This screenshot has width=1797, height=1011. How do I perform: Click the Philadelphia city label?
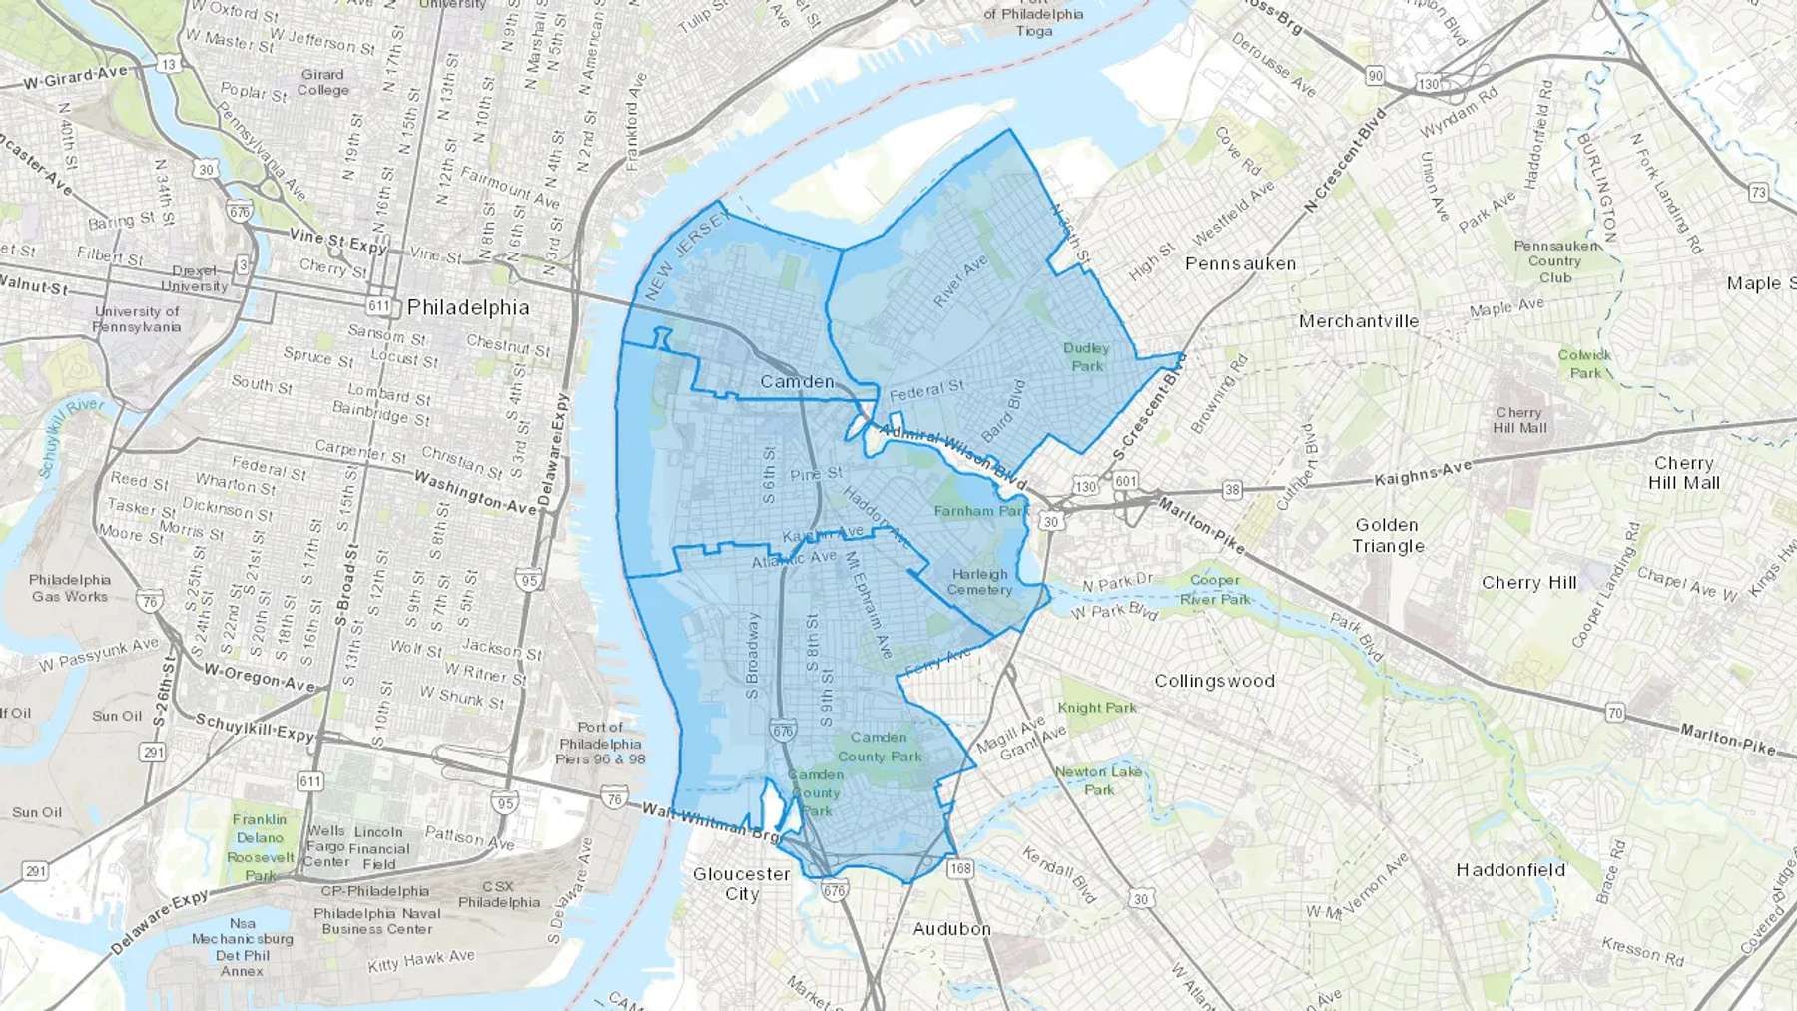468,306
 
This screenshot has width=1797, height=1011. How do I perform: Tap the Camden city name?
797,381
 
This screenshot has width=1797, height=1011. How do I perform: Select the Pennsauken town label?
1240,263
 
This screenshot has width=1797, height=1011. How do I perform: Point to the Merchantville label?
1358,321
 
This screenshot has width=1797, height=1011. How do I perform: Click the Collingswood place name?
1214,681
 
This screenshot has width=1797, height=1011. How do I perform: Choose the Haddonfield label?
1510,869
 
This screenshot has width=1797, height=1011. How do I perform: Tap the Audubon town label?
951,928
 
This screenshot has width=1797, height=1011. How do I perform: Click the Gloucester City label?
741,883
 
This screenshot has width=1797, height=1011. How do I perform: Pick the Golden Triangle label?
1388,535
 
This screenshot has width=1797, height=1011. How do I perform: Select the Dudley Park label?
1086,356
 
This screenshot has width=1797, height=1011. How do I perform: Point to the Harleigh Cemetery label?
979,581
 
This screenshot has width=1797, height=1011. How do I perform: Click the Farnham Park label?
980,510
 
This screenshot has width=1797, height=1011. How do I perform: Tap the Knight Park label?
1097,708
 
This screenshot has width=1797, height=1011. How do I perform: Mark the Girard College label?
322,82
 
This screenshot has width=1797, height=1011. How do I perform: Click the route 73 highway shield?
1758,192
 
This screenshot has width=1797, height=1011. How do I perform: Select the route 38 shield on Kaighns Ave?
1233,489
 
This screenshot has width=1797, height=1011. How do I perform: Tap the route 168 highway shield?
960,867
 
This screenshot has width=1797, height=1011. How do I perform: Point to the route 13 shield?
168,65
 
